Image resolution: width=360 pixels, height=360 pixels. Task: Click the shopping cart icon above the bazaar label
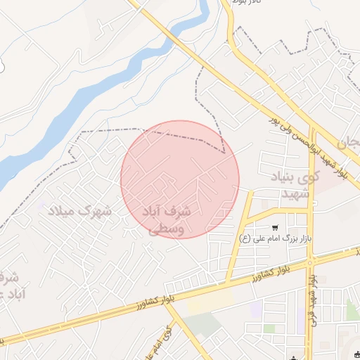tap(274, 227)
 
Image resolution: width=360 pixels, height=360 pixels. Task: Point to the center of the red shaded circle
tap(180, 179)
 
